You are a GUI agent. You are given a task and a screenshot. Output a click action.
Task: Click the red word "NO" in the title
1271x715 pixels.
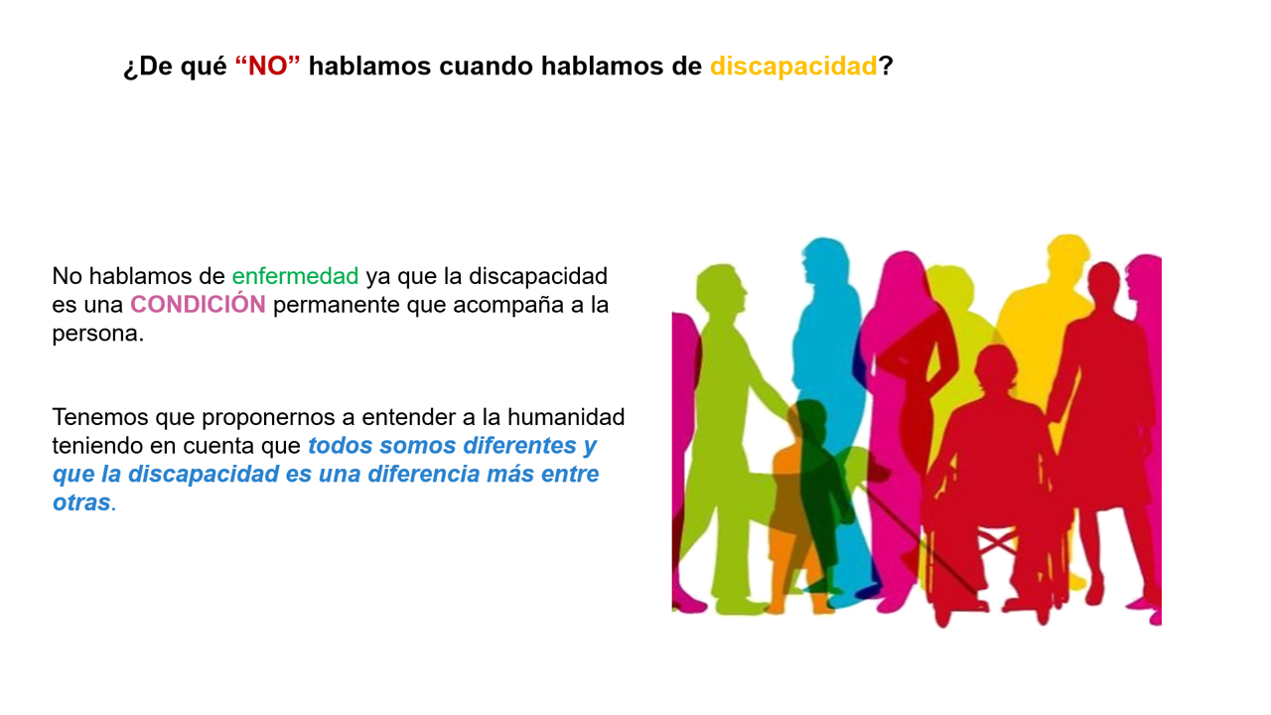pyautogui.click(x=267, y=67)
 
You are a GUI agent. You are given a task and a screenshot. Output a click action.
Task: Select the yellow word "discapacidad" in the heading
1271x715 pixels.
pyautogui.click(x=793, y=67)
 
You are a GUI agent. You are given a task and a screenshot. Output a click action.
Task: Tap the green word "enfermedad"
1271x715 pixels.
pyautogui.click(x=295, y=276)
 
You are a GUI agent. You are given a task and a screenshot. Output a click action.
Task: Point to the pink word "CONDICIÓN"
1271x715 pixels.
pyautogui.click(x=198, y=304)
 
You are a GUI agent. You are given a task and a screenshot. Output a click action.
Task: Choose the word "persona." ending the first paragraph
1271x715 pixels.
pyautogui.click(x=98, y=335)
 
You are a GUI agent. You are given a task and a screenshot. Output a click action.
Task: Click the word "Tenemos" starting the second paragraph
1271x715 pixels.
pyautogui.click(x=100, y=417)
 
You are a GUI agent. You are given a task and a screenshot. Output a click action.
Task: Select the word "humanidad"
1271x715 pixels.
pyautogui.click(x=566, y=417)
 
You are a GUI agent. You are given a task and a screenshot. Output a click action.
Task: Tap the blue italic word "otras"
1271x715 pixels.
pyautogui.click(x=81, y=502)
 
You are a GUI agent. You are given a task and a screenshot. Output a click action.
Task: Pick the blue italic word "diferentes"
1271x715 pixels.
pyautogui.click(x=519, y=446)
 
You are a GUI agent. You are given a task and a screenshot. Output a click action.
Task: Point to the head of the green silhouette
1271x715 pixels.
pyautogui.click(x=721, y=288)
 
